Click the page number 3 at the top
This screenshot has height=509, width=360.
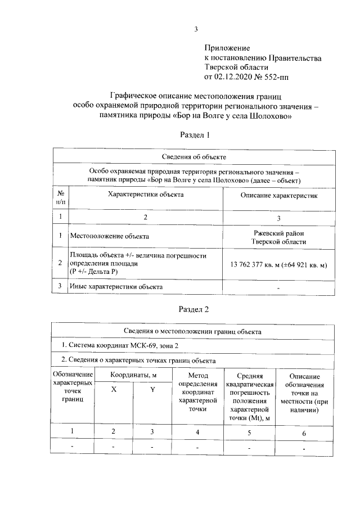coord(195,29)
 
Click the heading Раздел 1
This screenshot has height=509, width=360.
coord(195,135)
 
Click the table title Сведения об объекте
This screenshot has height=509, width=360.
coord(193,156)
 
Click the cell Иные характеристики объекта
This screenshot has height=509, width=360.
coord(116,286)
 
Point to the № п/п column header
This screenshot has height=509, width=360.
coord(60,196)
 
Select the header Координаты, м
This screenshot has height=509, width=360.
coord(133,375)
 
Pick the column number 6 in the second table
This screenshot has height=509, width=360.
coord(304,433)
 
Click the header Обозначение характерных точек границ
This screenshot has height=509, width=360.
coord(73,387)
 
